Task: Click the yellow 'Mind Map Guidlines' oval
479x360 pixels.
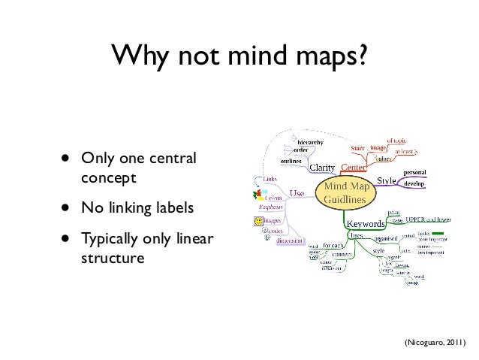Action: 348,191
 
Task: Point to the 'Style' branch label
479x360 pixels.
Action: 386,180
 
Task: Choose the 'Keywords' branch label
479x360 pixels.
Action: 365,223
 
